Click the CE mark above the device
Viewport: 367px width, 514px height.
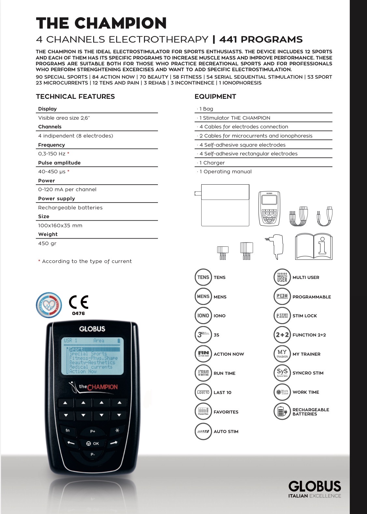coord(78,302)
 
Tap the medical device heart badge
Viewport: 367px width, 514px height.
coord(49,305)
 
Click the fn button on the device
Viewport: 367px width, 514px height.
coord(68,430)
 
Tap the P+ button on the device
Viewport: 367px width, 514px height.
coord(93,431)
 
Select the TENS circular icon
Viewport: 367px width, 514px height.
coord(203,277)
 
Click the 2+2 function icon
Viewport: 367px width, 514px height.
coord(282,335)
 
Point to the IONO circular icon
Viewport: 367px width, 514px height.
coord(203,316)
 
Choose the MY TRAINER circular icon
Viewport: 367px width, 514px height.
coord(282,354)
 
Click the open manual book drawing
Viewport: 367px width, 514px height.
coord(314,247)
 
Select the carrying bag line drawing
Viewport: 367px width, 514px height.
coord(225,205)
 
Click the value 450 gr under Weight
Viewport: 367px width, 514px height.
coord(47,244)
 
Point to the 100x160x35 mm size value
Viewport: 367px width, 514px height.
coord(60,226)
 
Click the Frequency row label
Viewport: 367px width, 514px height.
coord(51,145)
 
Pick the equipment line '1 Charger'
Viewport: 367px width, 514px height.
coord(212,163)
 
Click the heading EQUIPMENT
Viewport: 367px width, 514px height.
coord(215,97)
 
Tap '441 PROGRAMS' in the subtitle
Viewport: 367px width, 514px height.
coord(261,40)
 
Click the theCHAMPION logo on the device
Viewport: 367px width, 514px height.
coord(94,387)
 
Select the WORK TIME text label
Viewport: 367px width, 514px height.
coord(306,392)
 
